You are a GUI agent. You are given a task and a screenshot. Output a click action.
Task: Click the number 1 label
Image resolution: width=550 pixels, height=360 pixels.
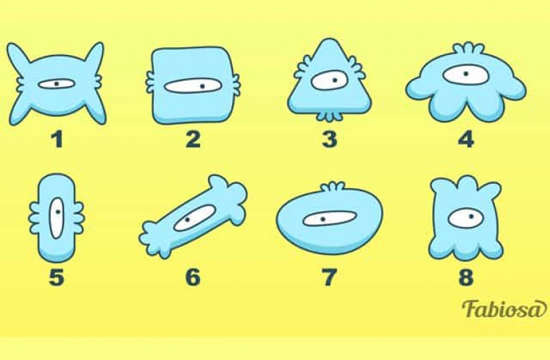(x=57, y=139)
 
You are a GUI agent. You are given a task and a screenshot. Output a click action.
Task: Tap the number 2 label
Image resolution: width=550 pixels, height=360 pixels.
(x=193, y=139)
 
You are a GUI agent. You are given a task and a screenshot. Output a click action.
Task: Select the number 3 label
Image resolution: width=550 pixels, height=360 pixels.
(x=329, y=139)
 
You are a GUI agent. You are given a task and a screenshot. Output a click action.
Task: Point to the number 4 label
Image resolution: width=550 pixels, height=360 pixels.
(x=466, y=139)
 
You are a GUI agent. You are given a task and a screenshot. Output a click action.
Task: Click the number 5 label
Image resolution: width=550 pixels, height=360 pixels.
(x=57, y=277)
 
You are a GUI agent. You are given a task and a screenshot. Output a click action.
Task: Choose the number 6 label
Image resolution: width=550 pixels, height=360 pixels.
(x=193, y=277)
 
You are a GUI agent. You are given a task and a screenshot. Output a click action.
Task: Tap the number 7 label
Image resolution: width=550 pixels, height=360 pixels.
(x=329, y=277)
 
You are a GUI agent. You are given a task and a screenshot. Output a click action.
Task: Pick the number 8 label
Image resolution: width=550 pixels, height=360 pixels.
(x=466, y=277)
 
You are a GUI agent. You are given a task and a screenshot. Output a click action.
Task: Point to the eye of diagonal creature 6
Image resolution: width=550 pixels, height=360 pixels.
(x=195, y=218)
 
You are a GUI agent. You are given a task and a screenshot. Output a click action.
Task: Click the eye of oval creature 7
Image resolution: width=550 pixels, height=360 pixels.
(x=329, y=218)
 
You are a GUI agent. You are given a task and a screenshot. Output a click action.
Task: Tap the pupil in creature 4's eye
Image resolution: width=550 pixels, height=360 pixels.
(x=466, y=73)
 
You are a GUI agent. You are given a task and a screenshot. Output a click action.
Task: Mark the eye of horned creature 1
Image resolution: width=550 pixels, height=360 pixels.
(x=56, y=84)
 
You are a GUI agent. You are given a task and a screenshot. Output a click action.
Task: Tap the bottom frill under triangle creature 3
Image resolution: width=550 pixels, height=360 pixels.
(x=329, y=116)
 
